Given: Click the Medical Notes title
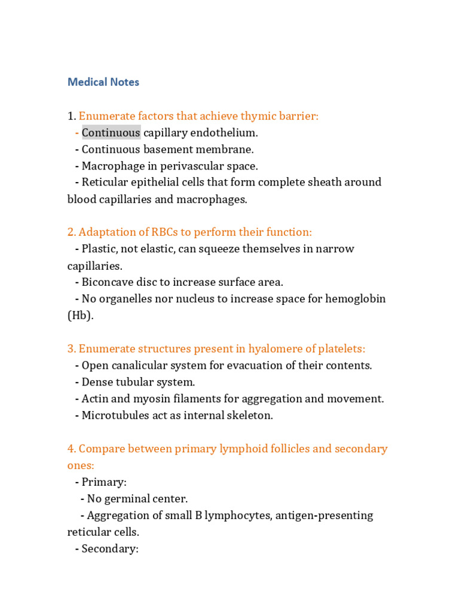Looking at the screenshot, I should (103, 82).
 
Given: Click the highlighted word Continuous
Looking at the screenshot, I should (111, 132).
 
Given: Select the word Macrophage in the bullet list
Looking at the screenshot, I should (111, 166).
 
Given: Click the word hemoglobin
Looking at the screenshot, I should (356, 299).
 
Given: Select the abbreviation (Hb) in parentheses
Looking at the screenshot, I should (81, 316).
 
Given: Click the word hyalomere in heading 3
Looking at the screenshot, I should (273, 348).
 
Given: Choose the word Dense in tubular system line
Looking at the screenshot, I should (96, 382).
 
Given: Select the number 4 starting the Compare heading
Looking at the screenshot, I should (71, 449).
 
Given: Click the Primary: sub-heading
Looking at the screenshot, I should (103, 482).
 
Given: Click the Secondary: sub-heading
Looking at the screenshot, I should (110, 548).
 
